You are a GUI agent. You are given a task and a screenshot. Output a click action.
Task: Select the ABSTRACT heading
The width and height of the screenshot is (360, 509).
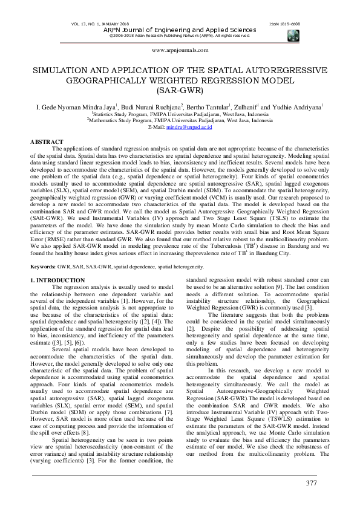coord(47,141)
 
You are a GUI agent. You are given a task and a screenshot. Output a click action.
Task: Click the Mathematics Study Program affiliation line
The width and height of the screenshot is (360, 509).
coord(179,120)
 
